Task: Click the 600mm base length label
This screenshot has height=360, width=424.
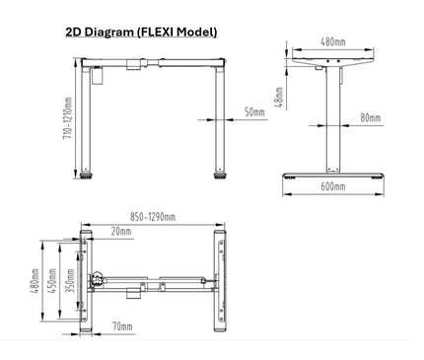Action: pos(333,184)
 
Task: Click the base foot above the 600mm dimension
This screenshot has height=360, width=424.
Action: pos(333,172)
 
